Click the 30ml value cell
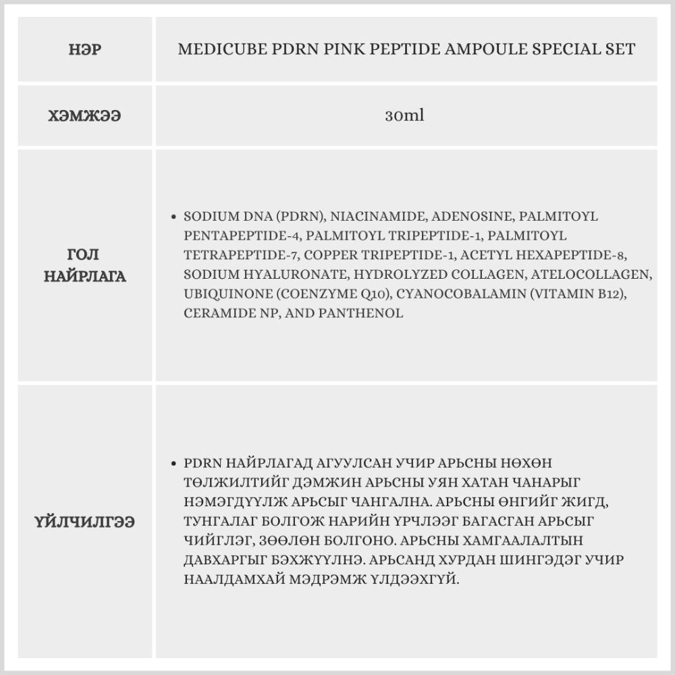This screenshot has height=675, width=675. point(405,115)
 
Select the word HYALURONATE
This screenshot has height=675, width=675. point(279,275)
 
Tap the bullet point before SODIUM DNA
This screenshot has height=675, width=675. point(174,217)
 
